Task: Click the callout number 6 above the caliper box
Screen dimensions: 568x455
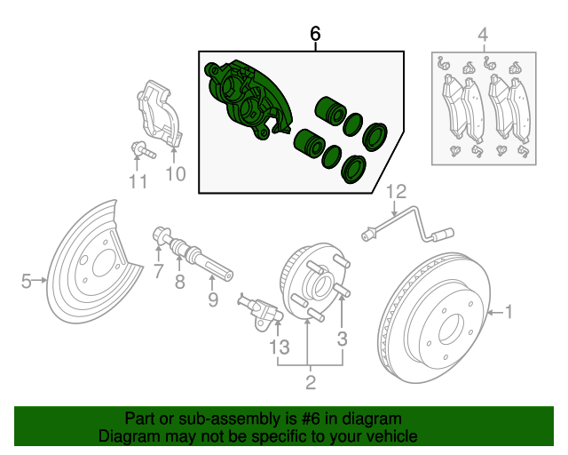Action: tap(316, 34)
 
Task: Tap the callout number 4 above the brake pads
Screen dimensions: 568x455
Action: tap(483, 35)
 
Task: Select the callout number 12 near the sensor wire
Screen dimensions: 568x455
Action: tap(397, 192)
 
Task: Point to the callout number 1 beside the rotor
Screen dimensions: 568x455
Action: tap(509, 312)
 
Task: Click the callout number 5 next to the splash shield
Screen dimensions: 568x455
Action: tap(26, 281)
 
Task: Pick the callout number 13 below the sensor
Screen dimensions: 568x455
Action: tap(280, 347)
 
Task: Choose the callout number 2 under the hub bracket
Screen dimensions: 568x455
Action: tap(311, 382)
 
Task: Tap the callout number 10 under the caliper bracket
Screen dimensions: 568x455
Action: tap(176, 174)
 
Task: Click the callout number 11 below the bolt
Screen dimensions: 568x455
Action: tap(138, 181)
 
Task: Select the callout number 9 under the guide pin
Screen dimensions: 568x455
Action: tap(213, 299)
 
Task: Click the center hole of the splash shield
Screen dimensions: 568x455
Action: tap(105, 263)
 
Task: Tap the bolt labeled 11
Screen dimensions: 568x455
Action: tap(143, 150)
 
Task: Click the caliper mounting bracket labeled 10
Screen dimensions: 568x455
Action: tap(160, 113)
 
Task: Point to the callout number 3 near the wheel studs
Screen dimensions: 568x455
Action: tap(342, 339)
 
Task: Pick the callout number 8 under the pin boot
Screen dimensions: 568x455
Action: tap(180, 282)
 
